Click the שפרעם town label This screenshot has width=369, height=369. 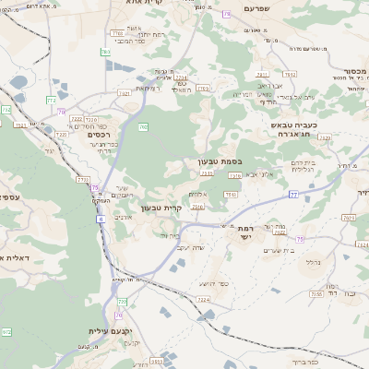264,8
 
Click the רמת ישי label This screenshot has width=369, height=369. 245,232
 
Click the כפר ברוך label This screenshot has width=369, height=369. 304,363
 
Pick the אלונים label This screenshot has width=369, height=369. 197,193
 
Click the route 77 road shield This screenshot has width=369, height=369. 293,195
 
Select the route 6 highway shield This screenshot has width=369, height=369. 99,219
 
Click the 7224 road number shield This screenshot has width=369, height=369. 204,300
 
